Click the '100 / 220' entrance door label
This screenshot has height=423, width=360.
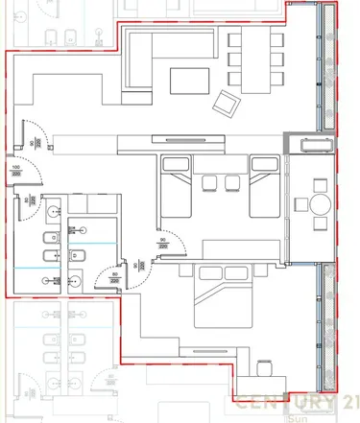point(14,172)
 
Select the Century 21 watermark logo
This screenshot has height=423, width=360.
point(287,403)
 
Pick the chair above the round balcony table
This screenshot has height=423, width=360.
point(317,185)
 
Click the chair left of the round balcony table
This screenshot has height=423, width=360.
point(299,203)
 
